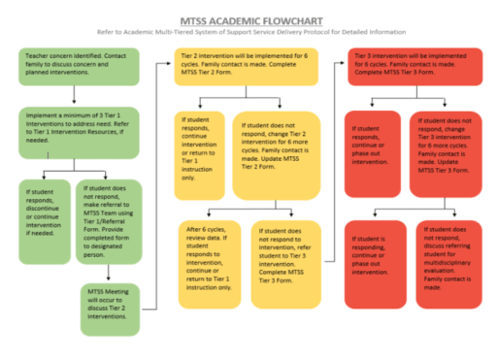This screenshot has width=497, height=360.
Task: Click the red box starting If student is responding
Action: pyautogui.click(x=375, y=262)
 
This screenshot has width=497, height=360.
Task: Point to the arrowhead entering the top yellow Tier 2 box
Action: pyautogui.click(x=170, y=57)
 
